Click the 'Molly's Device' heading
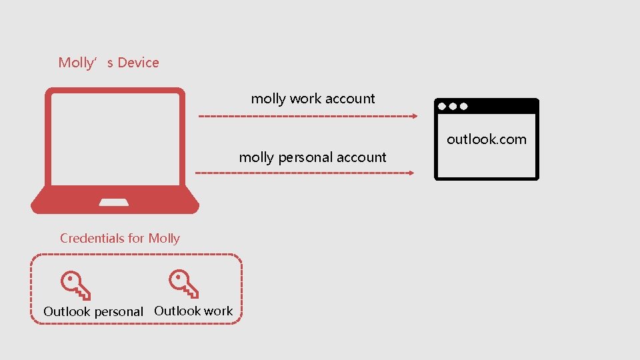[109, 63]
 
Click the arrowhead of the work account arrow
[414, 116]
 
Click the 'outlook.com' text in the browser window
[486, 139]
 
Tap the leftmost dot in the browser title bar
[443, 106]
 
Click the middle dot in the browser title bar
[453, 106]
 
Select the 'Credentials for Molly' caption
[120, 238]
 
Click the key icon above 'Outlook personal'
[75, 285]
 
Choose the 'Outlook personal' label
[93, 311]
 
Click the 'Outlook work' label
[193, 311]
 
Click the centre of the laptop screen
[115, 139]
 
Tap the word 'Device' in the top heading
[138, 63]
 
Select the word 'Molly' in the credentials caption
[164, 238]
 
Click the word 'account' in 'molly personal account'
[361, 157]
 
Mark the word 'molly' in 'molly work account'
[269, 99]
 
